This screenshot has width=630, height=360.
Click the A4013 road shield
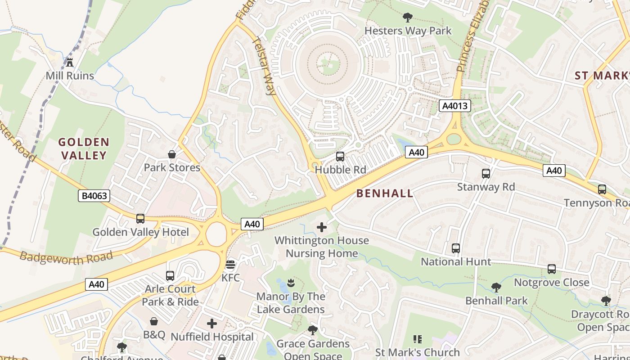tap(455, 106)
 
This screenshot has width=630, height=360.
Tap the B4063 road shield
tap(94, 196)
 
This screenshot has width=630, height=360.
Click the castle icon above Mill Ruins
tap(70, 62)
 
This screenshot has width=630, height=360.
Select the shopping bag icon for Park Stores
tap(172, 154)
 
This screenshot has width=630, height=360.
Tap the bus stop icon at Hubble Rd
tap(340, 157)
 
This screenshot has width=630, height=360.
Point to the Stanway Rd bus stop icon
tap(486, 174)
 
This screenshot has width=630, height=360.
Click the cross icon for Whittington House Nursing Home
tap(322, 227)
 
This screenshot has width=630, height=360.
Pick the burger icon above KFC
tap(230, 264)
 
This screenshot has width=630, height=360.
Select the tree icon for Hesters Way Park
tap(408, 18)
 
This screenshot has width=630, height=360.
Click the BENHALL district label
tap(384, 193)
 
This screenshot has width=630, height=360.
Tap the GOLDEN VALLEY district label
tap(84, 149)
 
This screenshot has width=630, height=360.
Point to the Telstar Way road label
tap(264, 66)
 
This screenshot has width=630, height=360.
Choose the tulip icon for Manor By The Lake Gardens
tap(291, 283)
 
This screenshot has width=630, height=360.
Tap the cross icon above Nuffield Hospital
tap(212, 324)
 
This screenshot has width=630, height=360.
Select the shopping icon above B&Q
tap(154, 321)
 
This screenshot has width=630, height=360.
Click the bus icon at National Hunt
tap(456, 248)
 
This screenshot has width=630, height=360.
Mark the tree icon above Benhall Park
tap(496, 287)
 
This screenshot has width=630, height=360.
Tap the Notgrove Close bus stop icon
tap(552, 269)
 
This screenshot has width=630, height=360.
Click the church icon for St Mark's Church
tap(418, 339)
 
